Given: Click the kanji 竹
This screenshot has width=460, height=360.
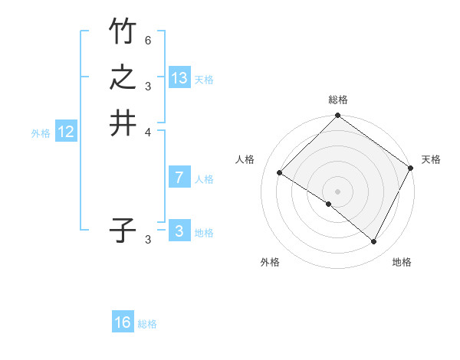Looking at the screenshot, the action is click(123, 32).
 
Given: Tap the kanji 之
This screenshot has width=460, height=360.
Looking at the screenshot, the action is click(123, 77).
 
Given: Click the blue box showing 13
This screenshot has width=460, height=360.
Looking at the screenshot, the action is click(179, 78).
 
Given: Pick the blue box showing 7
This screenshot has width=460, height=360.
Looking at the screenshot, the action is click(179, 178).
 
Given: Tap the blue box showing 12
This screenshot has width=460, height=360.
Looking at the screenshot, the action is click(66, 132).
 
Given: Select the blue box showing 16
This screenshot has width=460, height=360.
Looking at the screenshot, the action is click(123, 322).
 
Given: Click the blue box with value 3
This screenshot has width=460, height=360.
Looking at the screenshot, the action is click(179, 231).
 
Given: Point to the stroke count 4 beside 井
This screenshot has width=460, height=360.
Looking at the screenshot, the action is click(148, 131).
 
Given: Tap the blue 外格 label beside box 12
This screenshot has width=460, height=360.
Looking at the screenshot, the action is click(41, 133).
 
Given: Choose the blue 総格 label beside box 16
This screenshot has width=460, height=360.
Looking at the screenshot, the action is click(147, 324).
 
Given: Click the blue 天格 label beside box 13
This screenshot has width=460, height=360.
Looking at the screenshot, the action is click(204, 80).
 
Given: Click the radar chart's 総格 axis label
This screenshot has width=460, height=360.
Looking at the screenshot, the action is click(338, 100).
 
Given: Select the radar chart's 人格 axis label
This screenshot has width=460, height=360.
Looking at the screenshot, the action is click(245, 159).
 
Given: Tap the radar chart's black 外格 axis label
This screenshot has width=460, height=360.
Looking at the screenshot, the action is click(270, 262).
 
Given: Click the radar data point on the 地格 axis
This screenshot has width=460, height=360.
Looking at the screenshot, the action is click(374, 242).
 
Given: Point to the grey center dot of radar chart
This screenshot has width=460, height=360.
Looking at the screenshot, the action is click(338, 191).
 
